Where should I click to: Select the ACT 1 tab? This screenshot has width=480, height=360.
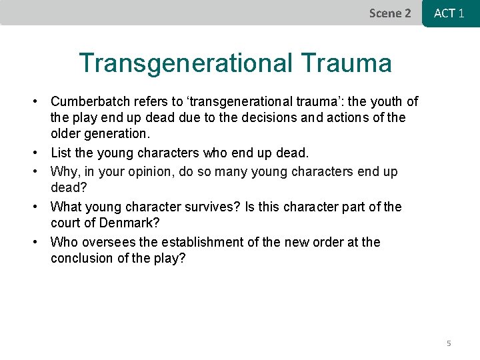click(449, 13)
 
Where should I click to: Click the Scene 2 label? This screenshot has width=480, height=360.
click(390, 13)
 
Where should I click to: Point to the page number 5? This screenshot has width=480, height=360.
click(449, 343)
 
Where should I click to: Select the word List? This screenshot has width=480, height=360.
click(61, 154)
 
